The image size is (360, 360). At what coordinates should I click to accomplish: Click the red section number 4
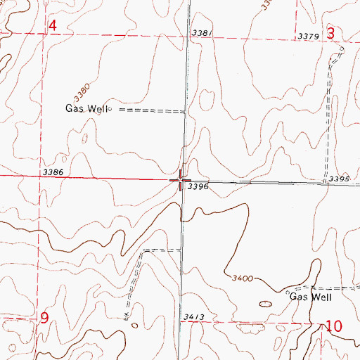(x=52, y=27)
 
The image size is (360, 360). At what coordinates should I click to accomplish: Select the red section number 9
(x=44, y=318)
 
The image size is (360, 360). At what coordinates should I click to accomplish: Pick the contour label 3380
(x=82, y=91)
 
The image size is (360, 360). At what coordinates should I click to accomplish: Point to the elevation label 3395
(x=339, y=180)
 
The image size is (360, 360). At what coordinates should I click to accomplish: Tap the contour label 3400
(x=241, y=279)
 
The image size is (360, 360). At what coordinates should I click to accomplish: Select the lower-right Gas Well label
(x=310, y=297)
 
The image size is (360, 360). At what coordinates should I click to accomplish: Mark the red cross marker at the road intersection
(x=181, y=180)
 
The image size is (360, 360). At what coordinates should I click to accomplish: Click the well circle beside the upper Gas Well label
(x=110, y=110)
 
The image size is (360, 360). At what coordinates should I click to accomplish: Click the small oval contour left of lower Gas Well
(x=266, y=304)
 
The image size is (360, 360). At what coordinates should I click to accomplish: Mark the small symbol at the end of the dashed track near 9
(x=126, y=319)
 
